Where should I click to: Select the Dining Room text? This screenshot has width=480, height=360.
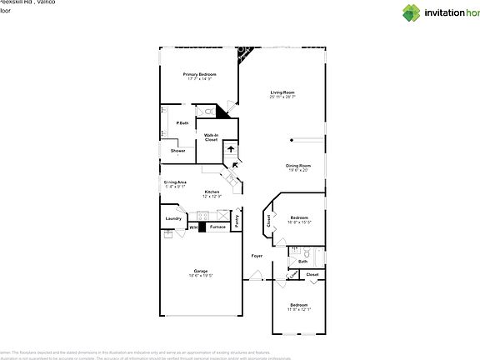click(x=298, y=165)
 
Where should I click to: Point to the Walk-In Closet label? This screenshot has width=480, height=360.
click(x=212, y=137)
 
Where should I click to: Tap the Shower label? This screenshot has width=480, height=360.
click(x=177, y=151)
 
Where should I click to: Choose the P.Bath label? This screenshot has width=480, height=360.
click(x=182, y=123)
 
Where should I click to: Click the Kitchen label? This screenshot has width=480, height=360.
click(x=212, y=192)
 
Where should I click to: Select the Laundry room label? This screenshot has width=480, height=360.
click(x=173, y=218)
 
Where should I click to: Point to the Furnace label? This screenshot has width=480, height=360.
click(x=217, y=227)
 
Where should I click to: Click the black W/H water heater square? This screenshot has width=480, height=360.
click(x=202, y=227)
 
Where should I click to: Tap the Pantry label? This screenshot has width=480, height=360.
click(x=237, y=222)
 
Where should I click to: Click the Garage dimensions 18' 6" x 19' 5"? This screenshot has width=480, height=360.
click(x=200, y=275)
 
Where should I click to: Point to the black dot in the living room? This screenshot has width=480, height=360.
click(x=291, y=140)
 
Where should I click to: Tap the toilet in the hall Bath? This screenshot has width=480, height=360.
click(x=307, y=253)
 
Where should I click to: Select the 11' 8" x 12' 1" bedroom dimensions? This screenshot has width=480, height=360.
click(x=299, y=309)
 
